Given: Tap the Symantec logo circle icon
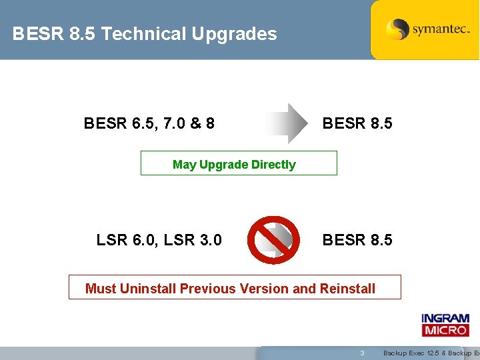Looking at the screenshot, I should (398, 29).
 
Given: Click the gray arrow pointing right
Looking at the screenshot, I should (286, 123).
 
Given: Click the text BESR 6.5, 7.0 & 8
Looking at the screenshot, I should (149, 123).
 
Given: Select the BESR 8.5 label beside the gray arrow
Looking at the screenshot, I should (357, 123).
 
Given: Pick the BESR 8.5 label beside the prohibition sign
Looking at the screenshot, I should (357, 239).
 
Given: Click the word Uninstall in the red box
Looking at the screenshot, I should (148, 289).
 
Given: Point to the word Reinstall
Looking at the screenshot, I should (347, 289).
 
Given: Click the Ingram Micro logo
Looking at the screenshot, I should (445, 325).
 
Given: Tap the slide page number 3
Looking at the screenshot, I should (362, 353).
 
